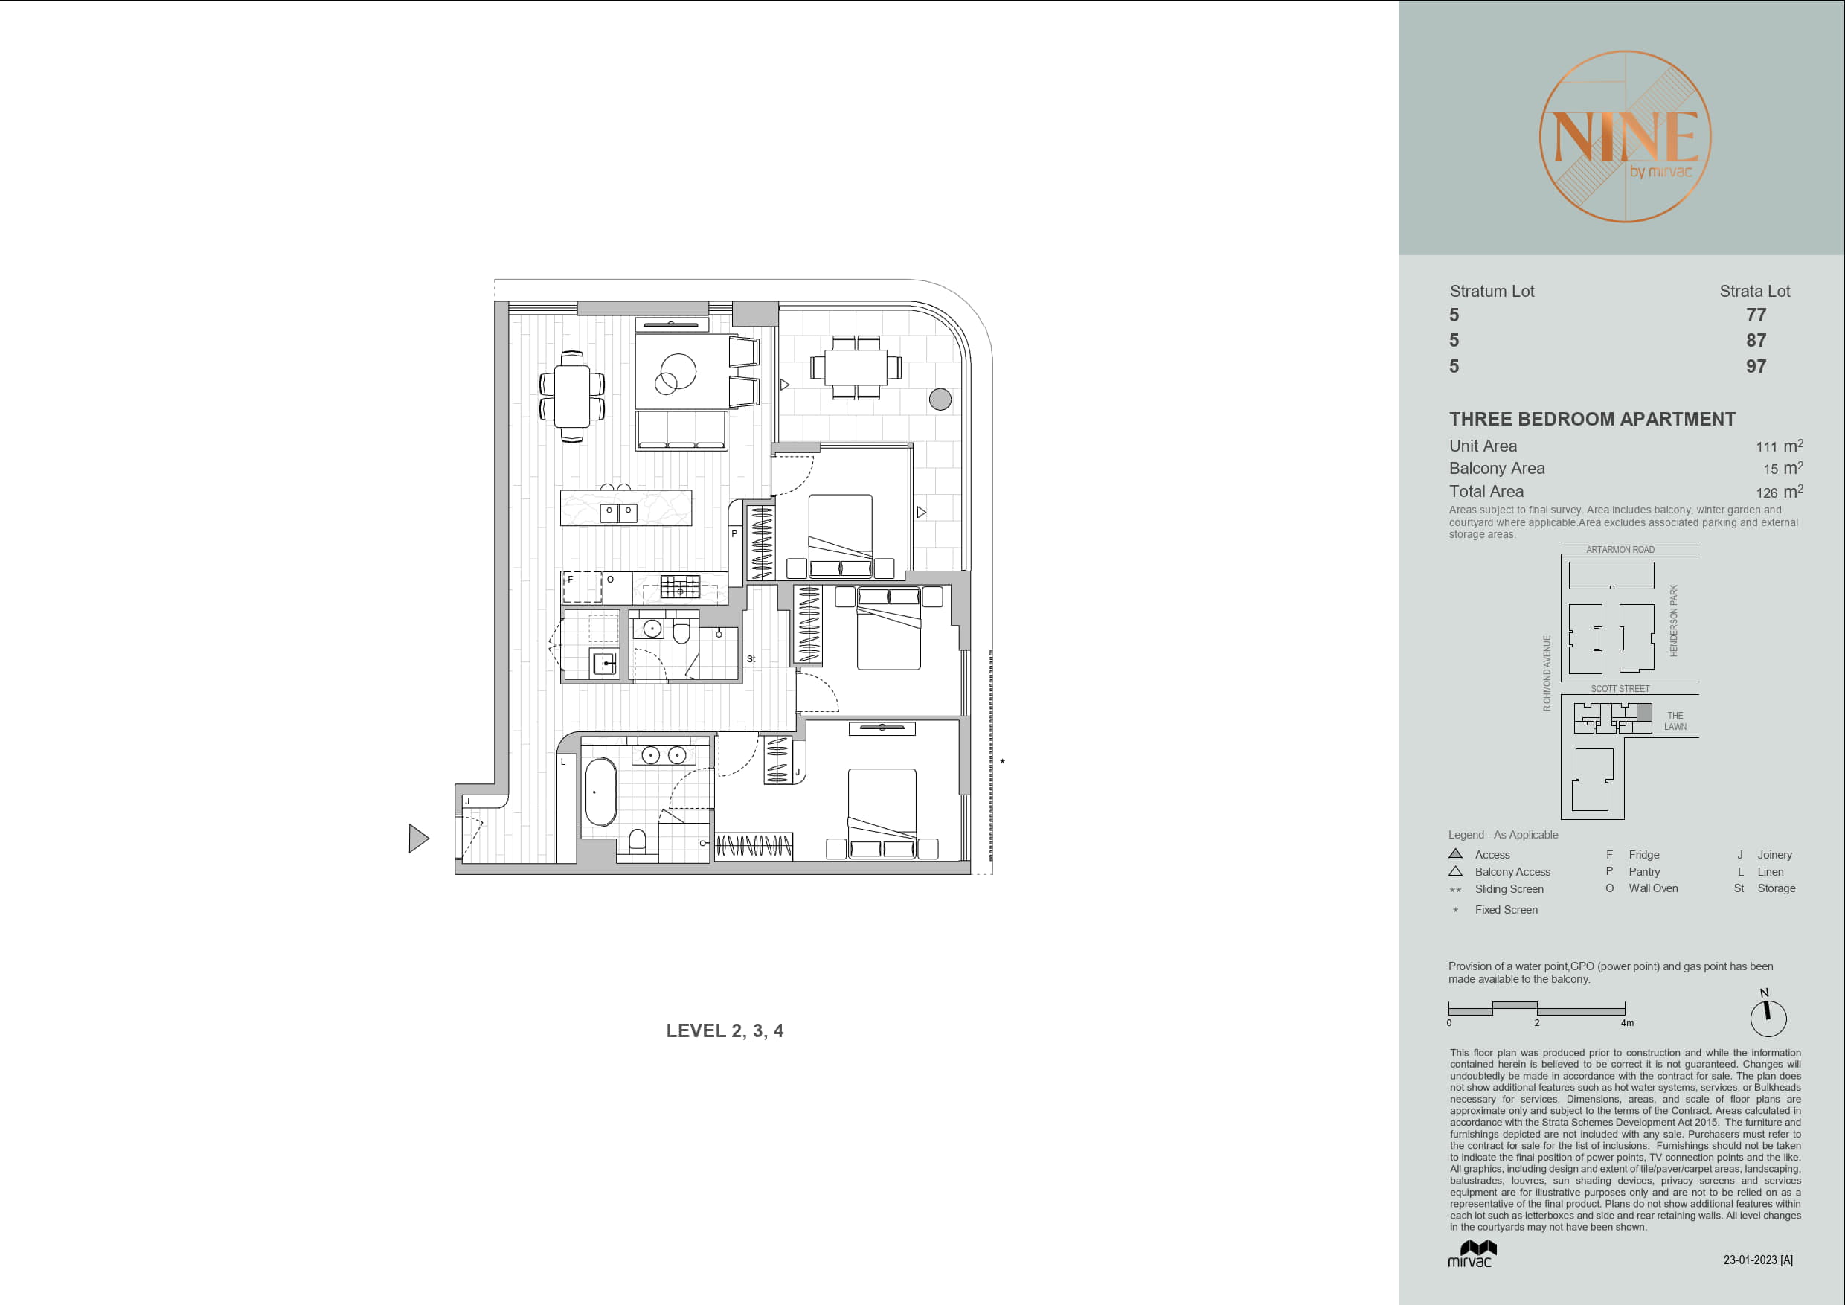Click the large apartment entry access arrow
pyautogui.click(x=418, y=838)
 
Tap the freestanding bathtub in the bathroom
pyautogui.click(x=600, y=792)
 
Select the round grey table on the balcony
pyautogui.click(x=940, y=399)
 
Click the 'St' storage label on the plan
pyautogui.click(x=751, y=659)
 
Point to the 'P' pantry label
pyautogui.click(x=734, y=533)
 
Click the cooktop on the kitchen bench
pyautogui.click(x=680, y=586)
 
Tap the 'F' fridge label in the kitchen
pyautogui.click(x=571, y=579)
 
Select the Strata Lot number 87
pyautogui.click(x=1756, y=341)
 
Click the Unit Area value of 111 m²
pyautogui.click(x=1779, y=446)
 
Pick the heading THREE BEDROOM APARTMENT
pyautogui.click(x=1592, y=420)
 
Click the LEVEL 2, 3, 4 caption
pyautogui.click(x=725, y=1031)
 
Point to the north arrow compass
pyautogui.click(x=1768, y=1016)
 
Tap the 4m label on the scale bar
pyautogui.click(x=1627, y=1023)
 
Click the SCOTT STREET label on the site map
pyautogui.click(x=1620, y=689)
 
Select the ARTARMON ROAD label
pyautogui.click(x=1620, y=550)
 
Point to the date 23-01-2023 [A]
pyautogui.click(x=1758, y=1260)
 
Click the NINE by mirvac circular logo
pyautogui.click(x=1625, y=137)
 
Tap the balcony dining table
pyautogui.click(x=856, y=368)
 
